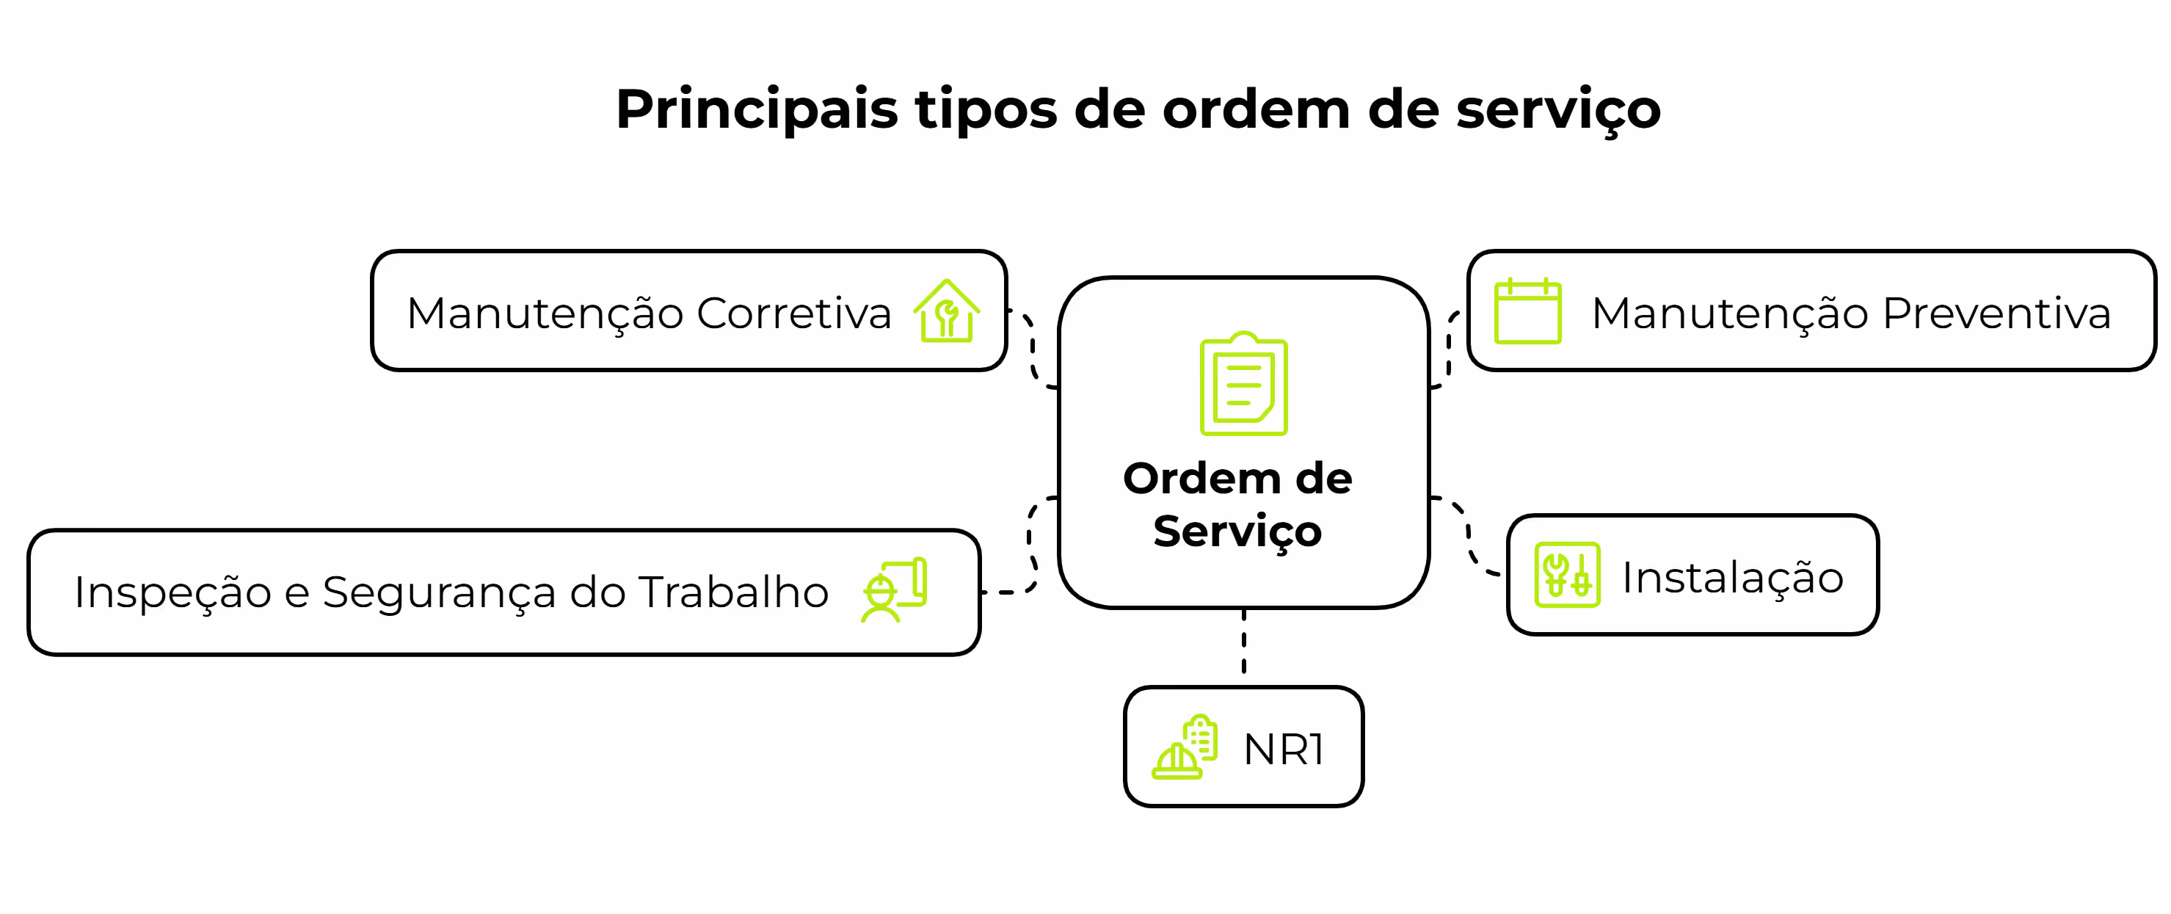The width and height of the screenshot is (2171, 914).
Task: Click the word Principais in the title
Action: [x=756, y=110]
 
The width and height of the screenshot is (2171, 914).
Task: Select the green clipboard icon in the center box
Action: [x=1243, y=385]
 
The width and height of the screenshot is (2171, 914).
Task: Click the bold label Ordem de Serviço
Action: [x=1237, y=504]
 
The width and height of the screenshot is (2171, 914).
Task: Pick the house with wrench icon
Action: [x=947, y=311]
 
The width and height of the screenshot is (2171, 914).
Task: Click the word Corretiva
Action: [x=794, y=313]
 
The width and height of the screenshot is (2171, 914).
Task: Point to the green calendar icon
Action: [x=1527, y=311]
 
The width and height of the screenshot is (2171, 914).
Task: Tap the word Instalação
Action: [x=1732, y=578]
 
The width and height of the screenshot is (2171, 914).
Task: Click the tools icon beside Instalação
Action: [x=1567, y=574]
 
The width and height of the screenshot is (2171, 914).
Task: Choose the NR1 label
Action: [x=1283, y=750]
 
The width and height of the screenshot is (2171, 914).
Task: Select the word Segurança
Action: [x=439, y=592]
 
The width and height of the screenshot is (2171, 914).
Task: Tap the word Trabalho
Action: [x=733, y=592]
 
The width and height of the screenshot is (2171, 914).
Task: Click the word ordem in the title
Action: [x=1256, y=110]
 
